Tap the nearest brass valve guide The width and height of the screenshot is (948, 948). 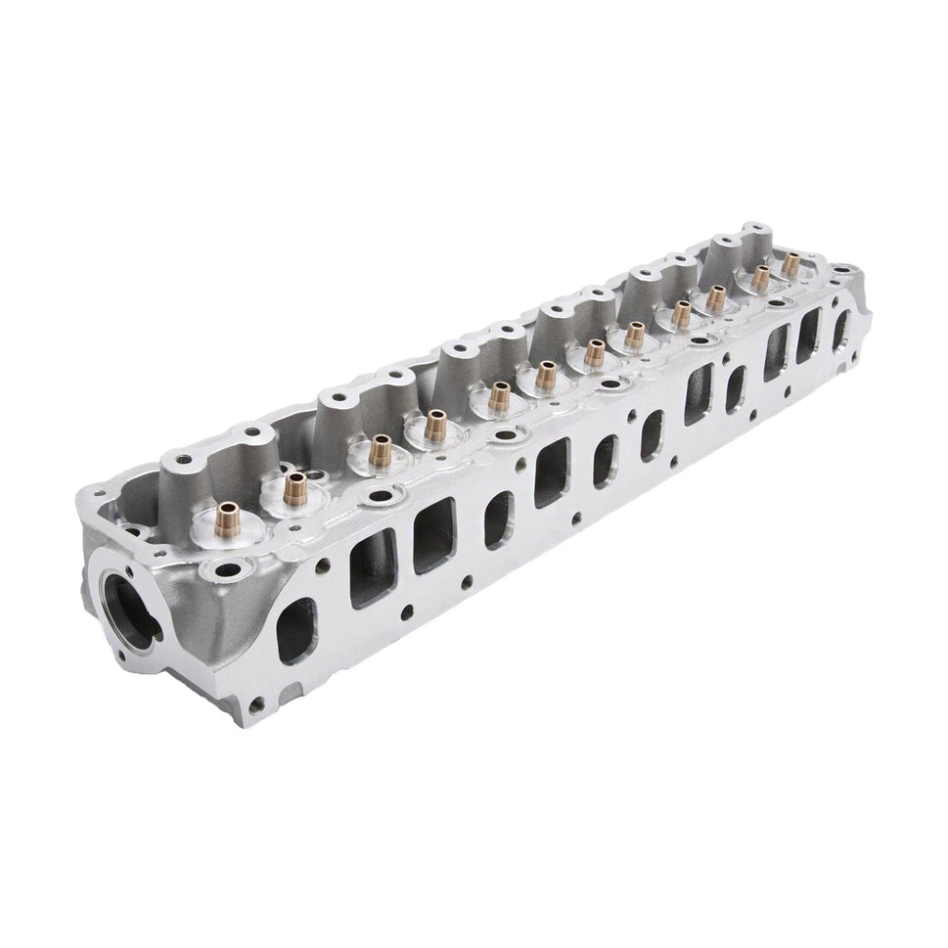tap(229, 514)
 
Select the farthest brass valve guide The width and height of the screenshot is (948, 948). tap(789, 262)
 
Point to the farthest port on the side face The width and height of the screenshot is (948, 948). tap(840, 331)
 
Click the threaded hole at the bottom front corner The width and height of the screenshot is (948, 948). tap(256, 702)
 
